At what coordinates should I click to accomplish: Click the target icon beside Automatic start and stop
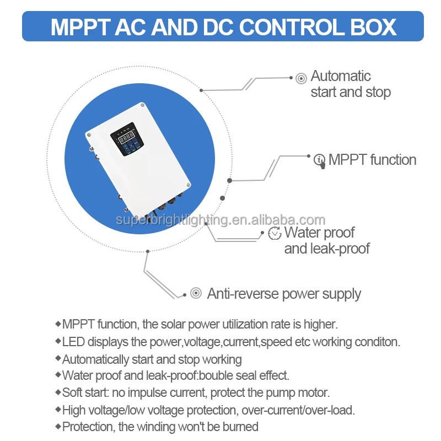(301, 78)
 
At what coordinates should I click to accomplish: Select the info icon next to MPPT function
(320, 160)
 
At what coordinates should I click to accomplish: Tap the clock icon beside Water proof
(275, 233)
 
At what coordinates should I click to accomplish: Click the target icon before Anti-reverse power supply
(196, 293)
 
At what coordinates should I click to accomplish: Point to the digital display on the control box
(127, 136)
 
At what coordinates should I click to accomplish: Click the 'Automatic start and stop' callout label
(351, 84)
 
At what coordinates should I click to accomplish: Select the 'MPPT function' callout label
(372, 160)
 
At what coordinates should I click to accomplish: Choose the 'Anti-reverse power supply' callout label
(284, 293)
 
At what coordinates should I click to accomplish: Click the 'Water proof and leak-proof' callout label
(327, 240)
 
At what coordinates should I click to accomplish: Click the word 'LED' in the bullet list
(73, 342)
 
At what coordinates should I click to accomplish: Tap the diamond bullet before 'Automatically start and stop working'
(58, 358)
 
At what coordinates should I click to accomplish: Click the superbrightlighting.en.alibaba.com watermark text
(220, 220)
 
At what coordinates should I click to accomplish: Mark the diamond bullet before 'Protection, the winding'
(58, 426)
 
